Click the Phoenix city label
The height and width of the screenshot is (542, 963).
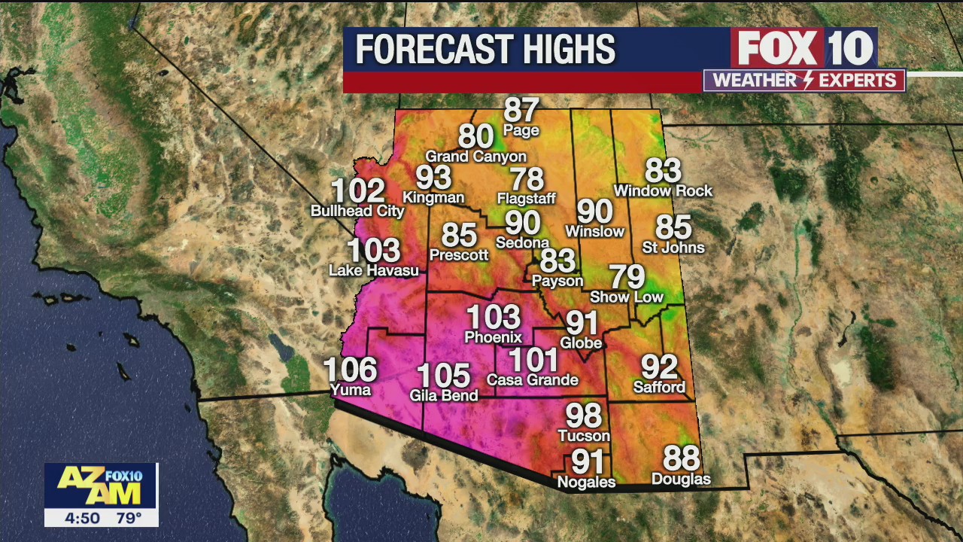coord(493,337)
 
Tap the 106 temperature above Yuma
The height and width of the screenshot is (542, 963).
coord(350,370)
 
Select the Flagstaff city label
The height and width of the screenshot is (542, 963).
coord(526,199)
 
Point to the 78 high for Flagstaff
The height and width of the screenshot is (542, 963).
coord(526,179)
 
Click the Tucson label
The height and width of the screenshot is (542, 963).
coord(584,436)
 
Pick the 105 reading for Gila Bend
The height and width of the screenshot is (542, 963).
coord(443,376)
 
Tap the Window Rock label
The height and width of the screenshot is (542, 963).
coord(663,191)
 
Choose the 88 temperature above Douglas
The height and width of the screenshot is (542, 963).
coord(681,458)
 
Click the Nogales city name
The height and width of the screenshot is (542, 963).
coord(586,482)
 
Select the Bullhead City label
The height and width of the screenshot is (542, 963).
coord(357,212)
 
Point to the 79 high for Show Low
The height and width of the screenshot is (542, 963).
coord(627,277)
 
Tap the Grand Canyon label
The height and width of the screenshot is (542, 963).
coord(475,157)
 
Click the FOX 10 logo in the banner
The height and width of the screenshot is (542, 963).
coord(803,48)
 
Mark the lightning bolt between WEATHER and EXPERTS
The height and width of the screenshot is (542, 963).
coord(803,81)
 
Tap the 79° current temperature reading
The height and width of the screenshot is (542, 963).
coord(128,518)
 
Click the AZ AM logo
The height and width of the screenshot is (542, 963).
coord(101,486)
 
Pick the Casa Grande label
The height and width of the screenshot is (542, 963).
coord(532,380)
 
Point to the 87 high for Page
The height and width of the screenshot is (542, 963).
coord(521,110)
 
